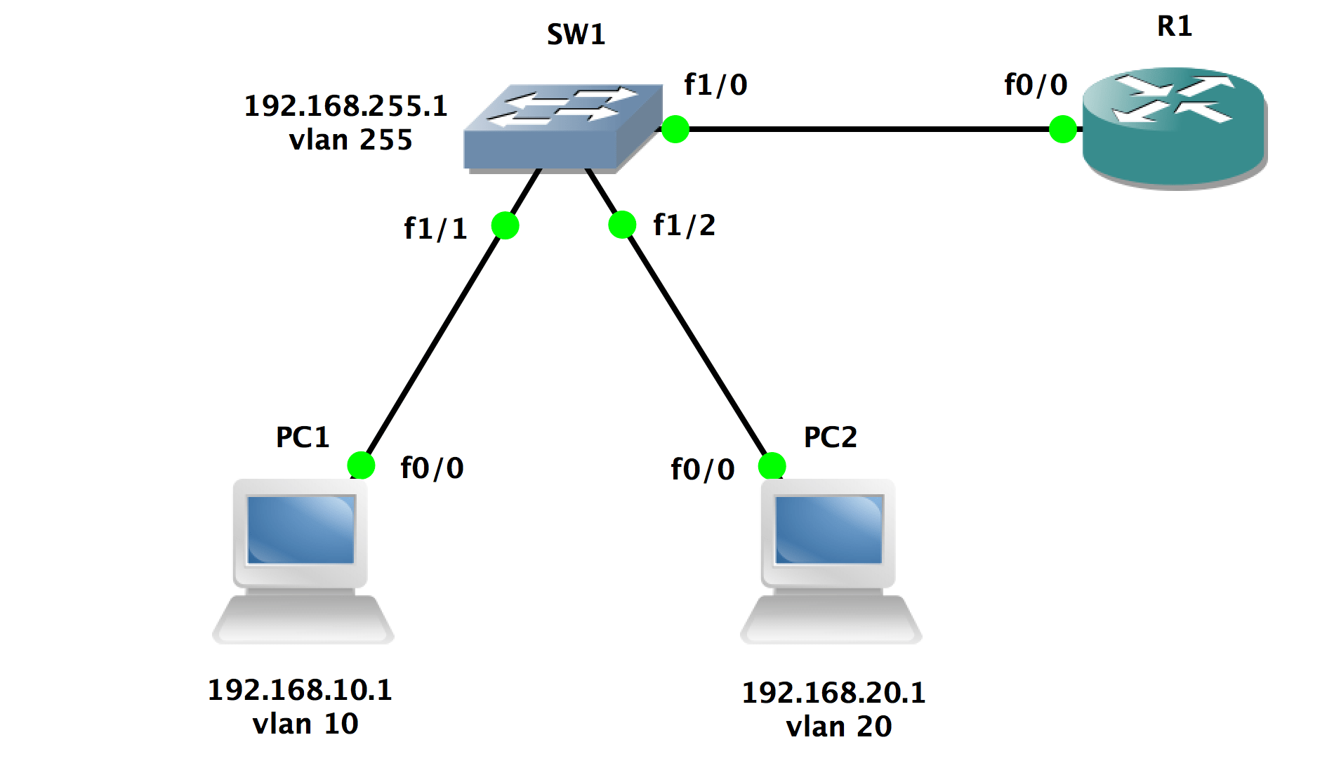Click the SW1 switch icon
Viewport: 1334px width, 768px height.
click(x=562, y=128)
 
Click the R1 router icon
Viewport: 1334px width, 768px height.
click(x=1174, y=128)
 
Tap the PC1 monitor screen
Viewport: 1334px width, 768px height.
click(x=301, y=529)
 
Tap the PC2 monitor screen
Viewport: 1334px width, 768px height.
click(x=828, y=529)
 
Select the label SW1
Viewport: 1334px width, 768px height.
click(x=576, y=34)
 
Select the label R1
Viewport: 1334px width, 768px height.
click(x=1174, y=27)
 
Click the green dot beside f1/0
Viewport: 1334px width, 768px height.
click(x=675, y=129)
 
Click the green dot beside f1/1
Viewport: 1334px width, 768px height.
click(x=505, y=225)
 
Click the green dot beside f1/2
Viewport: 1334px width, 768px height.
click(x=622, y=225)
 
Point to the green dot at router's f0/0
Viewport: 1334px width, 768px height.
click(x=1062, y=129)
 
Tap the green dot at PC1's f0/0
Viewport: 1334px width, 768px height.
click(x=361, y=465)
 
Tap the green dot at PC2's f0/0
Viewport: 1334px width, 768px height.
click(x=772, y=465)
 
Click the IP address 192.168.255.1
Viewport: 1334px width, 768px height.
click(x=345, y=106)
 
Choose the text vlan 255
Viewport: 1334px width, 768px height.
click(x=350, y=140)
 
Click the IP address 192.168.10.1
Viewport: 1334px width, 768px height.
click(x=300, y=690)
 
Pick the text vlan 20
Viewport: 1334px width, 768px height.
click(x=838, y=727)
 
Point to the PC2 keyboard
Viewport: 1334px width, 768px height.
click(x=831, y=621)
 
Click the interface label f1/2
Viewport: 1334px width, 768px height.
click(x=684, y=225)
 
